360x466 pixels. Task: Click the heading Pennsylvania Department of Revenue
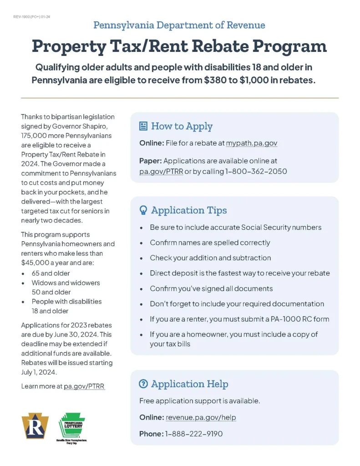click(179, 25)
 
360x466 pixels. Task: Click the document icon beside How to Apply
click(143, 126)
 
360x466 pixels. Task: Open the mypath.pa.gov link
click(251, 143)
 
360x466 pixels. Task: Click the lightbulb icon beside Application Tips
click(143, 210)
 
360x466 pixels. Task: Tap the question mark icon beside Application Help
click(143, 384)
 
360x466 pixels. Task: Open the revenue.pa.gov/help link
click(201, 417)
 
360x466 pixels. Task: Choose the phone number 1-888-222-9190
click(193, 434)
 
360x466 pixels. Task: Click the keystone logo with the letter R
click(35, 426)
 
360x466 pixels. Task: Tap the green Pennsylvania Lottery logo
click(71, 426)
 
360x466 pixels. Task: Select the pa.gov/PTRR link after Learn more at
click(84, 386)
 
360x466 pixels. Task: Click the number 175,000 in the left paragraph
click(35, 136)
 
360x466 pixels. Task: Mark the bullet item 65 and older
click(51, 273)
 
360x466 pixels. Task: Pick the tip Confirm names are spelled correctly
click(210, 243)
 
